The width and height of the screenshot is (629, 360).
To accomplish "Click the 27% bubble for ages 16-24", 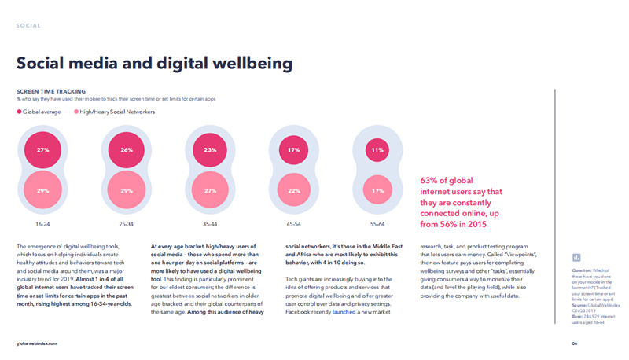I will [x=43, y=149].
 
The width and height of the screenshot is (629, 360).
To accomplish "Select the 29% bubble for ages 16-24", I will [x=43, y=191].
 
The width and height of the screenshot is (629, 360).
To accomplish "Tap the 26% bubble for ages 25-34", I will [x=127, y=149].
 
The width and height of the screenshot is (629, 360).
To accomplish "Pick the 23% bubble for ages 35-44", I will [x=210, y=149].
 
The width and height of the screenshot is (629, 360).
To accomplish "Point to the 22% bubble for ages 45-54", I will [x=293, y=191].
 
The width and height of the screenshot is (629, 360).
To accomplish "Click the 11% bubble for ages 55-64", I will [x=377, y=149].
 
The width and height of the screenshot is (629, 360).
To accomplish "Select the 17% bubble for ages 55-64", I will [x=377, y=191].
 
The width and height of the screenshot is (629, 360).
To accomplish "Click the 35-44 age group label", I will [x=210, y=224].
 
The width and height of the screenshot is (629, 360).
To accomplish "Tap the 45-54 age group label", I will [x=293, y=224].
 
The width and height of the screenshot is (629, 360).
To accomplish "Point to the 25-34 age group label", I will [x=127, y=224].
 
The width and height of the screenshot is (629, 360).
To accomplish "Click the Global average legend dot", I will [x=20, y=112].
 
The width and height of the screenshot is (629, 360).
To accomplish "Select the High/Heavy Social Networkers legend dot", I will [x=76, y=112].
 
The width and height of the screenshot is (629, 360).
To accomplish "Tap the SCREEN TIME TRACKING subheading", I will [x=51, y=92].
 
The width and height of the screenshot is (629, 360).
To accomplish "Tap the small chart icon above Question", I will [x=577, y=257].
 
